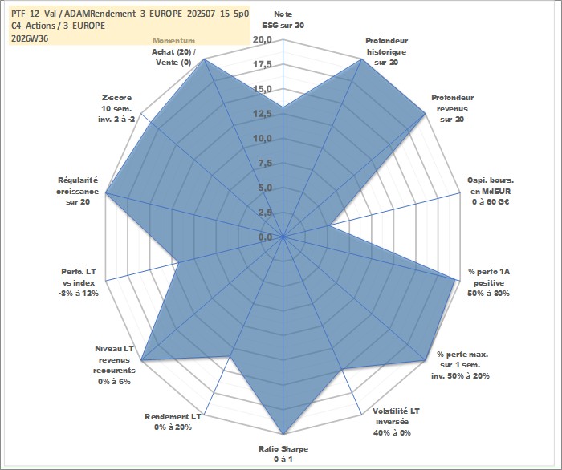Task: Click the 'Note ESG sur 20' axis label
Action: [283, 20]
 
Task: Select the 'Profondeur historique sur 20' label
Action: [386, 51]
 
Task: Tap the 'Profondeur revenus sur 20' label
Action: [452, 108]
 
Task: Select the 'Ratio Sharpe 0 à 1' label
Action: [283, 454]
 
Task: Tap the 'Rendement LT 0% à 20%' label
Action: [173, 422]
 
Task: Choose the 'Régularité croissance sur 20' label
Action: [77, 191]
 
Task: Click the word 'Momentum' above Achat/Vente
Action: [174, 40]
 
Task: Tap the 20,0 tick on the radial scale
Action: [263, 39]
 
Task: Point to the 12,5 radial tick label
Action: [263, 114]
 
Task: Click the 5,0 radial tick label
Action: [265, 188]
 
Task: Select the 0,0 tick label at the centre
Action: [265, 237]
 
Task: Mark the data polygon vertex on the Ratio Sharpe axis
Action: [283, 434]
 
